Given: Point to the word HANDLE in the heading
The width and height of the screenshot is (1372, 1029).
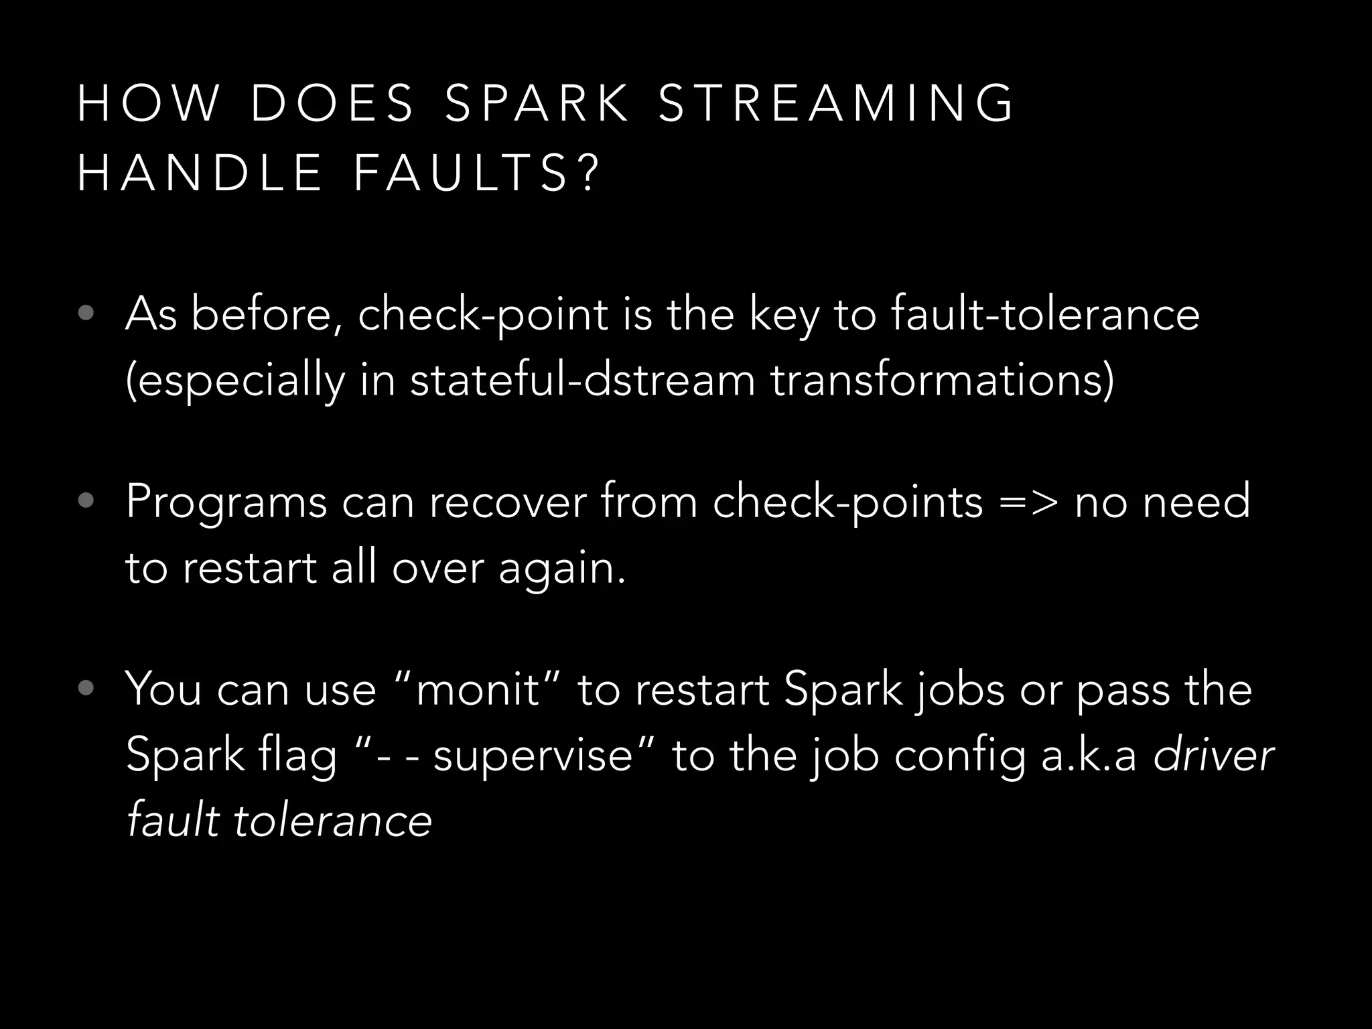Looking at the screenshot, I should [x=200, y=173].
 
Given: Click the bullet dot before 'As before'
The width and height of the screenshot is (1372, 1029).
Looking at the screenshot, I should [x=85, y=314].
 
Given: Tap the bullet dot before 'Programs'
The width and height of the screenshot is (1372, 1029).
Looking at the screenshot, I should [x=85, y=501].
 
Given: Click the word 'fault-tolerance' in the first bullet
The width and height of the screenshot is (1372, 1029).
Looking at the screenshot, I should [x=1045, y=314].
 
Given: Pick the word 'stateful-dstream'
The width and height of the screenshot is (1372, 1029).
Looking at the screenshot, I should [x=582, y=379].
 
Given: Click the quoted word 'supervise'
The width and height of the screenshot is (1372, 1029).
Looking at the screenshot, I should [x=533, y=755].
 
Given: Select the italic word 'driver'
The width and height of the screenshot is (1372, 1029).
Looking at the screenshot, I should [x=1213, y=755].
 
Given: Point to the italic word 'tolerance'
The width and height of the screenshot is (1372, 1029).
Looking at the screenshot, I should [x=332, y=821].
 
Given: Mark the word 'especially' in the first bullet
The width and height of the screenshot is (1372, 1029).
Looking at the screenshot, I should [x=235, y=381].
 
